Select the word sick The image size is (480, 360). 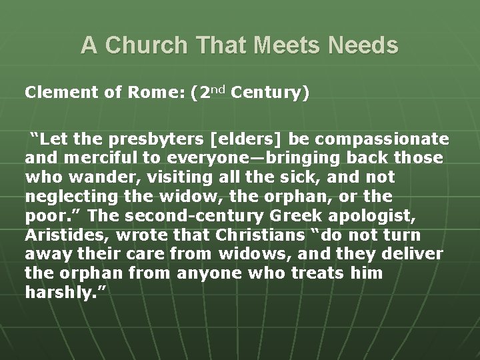click(269, 178)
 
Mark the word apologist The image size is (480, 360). click(375, 217)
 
